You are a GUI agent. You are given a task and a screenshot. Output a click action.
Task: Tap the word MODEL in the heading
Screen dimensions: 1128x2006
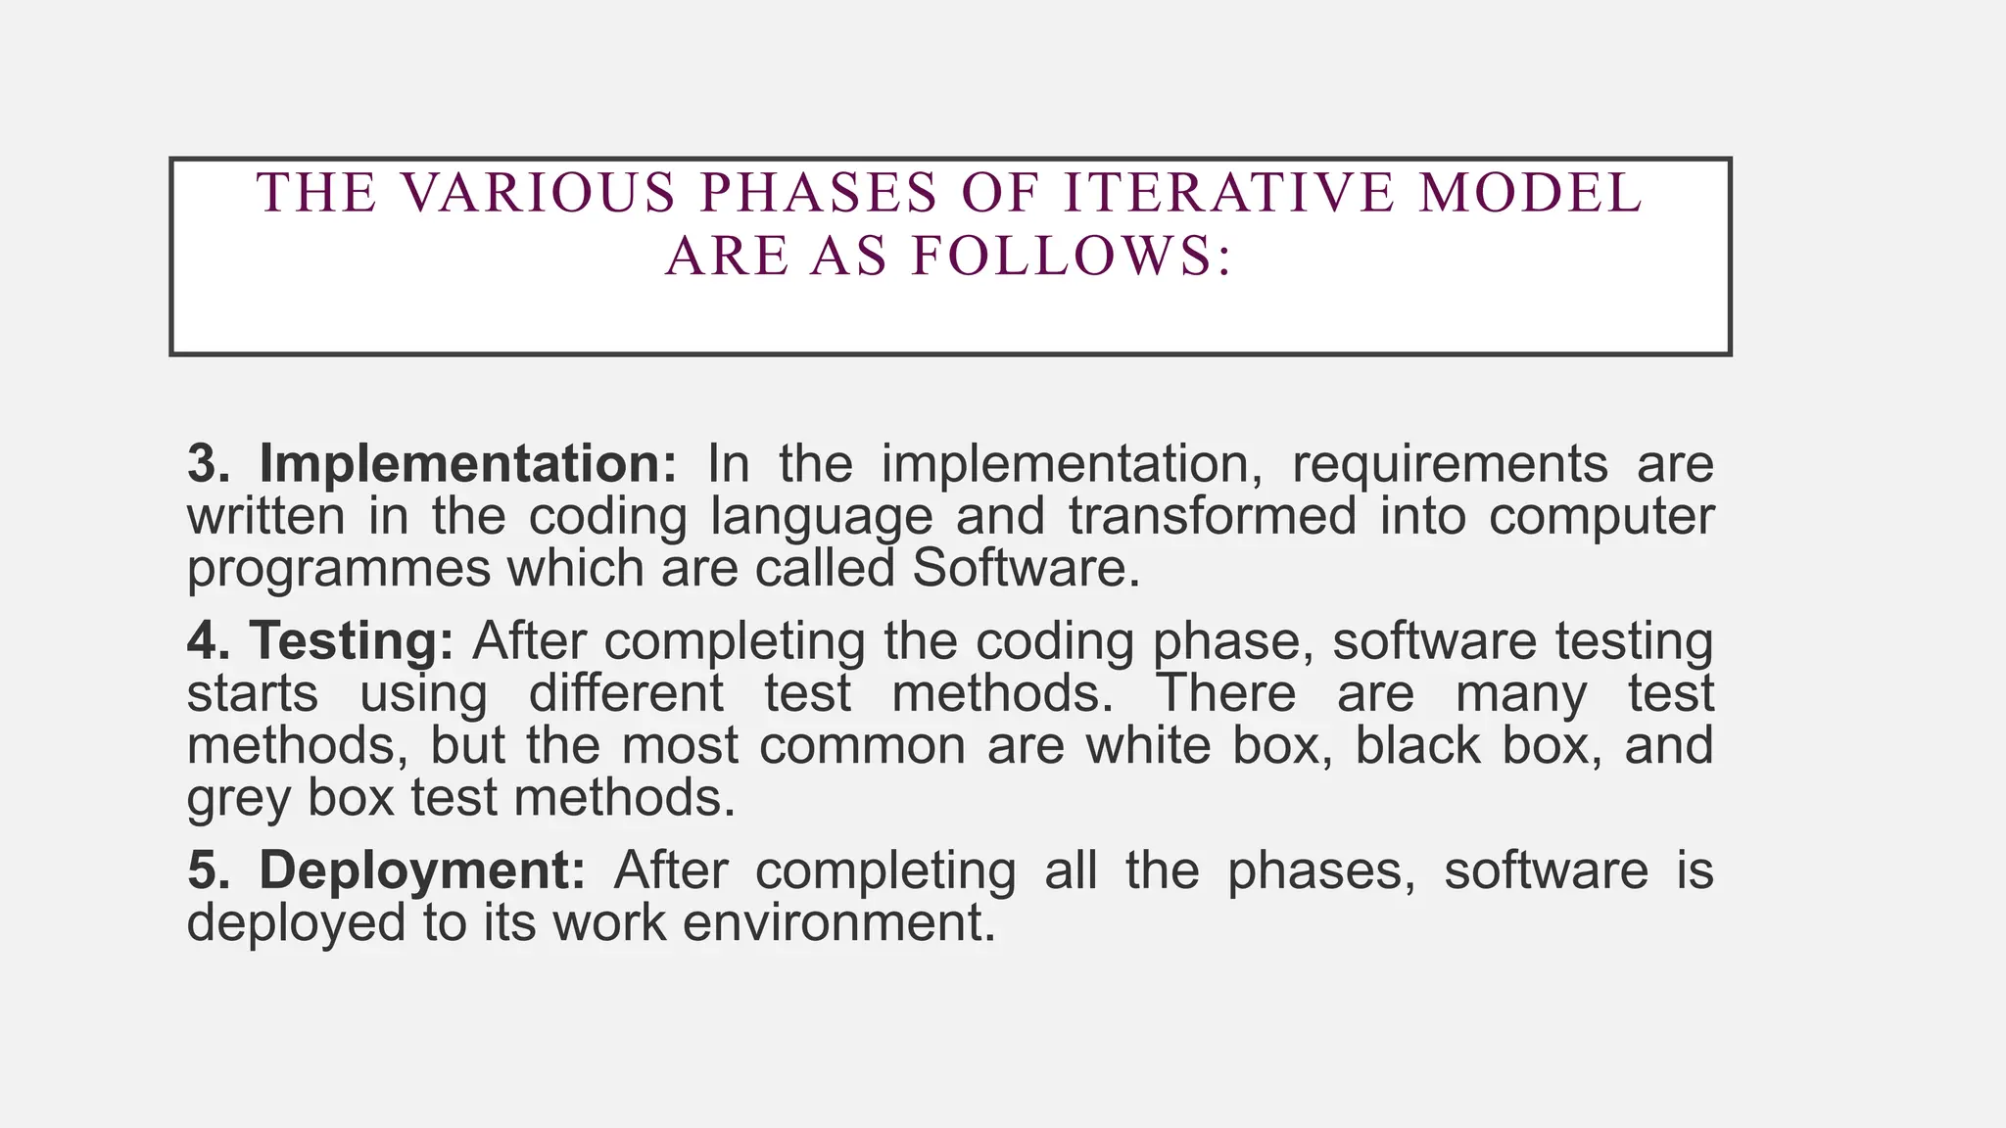[1531, 192]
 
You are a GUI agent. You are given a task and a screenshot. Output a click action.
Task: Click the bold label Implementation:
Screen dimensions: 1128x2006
[468, 464]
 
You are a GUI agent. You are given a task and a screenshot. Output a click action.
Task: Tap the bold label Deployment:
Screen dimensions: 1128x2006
[422, 869]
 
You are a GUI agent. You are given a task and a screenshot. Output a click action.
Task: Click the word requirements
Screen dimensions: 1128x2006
[1449, 464]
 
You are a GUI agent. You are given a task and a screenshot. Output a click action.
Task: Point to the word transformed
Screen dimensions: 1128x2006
[1213, 516]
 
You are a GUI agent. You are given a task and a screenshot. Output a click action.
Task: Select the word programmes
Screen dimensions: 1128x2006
[339, 569]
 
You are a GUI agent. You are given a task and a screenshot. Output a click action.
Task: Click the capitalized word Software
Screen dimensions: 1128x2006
[1026, 569]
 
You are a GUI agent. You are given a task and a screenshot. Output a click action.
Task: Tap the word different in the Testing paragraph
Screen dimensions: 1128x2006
[626, 693]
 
